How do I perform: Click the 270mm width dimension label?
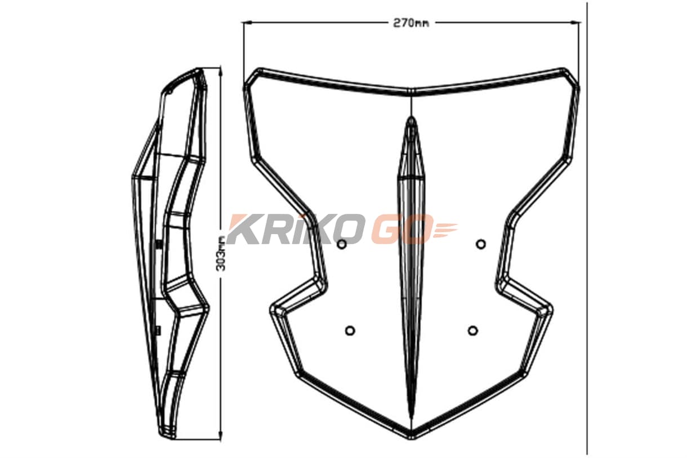tap(411, 23)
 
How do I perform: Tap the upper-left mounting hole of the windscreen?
tap(342, 244)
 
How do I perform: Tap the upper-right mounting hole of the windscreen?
tap(480, 244)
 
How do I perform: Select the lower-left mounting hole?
tap(350, 330)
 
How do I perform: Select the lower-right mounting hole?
tap(473, 330)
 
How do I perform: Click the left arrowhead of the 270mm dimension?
tap(247, 23)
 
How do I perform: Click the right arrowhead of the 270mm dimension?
tap(576, 23)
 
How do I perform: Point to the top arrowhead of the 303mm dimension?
tap(220, 71)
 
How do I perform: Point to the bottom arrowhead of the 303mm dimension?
tap(220, 436)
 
